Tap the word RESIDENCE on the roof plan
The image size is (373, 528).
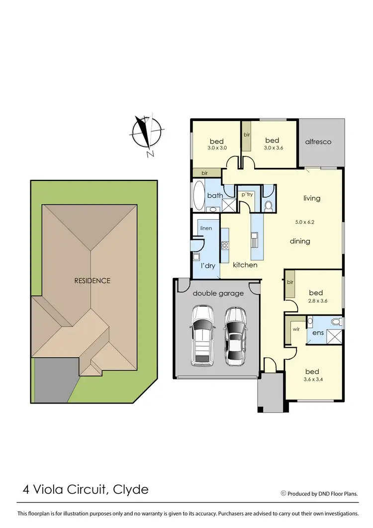(92, 280)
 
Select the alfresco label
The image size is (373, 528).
(318, 142)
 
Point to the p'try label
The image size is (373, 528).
(247, 194)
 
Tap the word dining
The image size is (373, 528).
(300, 241)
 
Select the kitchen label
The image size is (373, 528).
(245, 265)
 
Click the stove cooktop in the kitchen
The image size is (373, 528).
(224, 245)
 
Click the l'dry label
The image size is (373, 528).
(208, 266)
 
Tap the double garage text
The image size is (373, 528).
(218, 293)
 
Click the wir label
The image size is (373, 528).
(295, 329)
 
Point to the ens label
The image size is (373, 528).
(317, 332)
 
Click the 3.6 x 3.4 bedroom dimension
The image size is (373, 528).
(312, 380)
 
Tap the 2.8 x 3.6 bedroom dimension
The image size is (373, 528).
(315, 301)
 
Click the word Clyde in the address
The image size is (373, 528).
(130, 490)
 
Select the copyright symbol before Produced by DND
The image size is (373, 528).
(283, 494)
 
